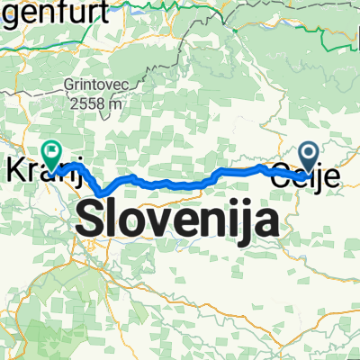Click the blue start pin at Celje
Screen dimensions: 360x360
click(x=309, y=158)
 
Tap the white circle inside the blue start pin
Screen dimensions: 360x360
click(x=309, y=155)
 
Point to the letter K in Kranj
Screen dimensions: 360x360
click(x=14, y=169)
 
